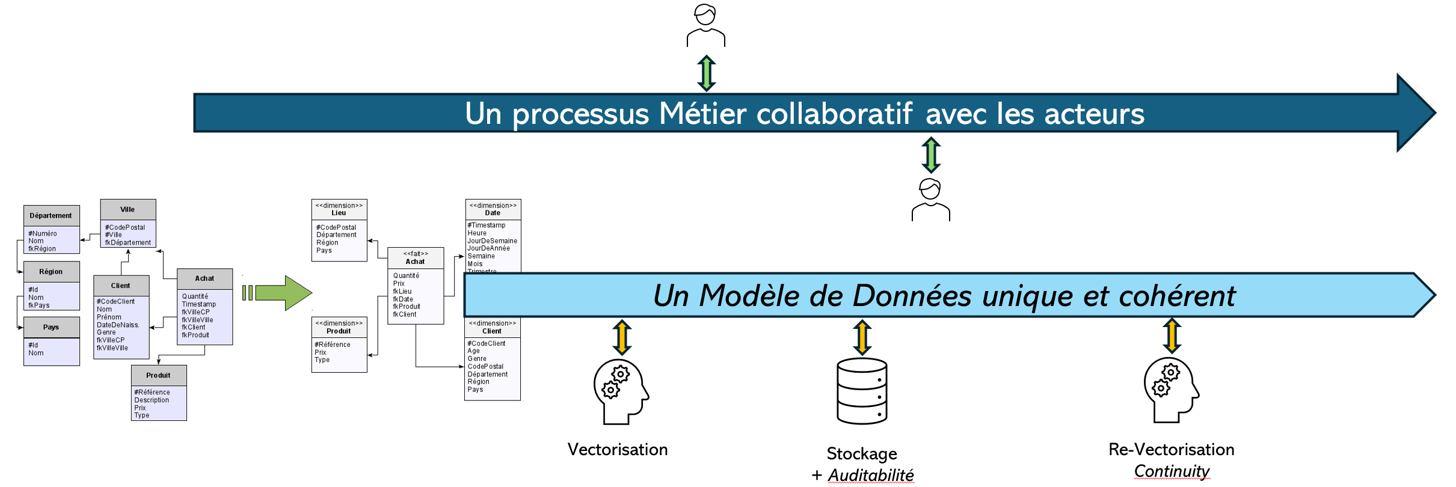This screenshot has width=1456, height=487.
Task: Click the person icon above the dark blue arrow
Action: coord(705,25)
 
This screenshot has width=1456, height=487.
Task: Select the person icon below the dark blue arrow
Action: coord(930,200)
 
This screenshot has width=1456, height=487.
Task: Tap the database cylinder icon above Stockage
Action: coord(862,391)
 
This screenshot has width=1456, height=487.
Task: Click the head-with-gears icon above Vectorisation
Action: coord(620,391)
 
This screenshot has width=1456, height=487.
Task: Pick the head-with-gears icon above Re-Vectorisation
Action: coord(1170,390)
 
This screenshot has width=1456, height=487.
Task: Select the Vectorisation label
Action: coord(617,449)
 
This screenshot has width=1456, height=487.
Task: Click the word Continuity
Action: coord(1172,471)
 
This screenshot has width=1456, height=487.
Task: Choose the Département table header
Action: coord(51,215)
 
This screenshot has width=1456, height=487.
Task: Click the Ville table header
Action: coord(127,209)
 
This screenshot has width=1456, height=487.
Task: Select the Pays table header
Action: coord(51,327)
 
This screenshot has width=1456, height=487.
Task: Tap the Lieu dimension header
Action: coord(339,209)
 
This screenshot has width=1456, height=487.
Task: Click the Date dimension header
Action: coord(493,209)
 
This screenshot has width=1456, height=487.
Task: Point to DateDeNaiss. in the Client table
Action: coord(118,325)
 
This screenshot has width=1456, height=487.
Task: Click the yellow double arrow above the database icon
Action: coord(862,337)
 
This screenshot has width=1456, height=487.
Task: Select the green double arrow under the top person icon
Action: coord(706,73)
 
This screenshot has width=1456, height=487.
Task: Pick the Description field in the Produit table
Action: coord(152,400)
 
